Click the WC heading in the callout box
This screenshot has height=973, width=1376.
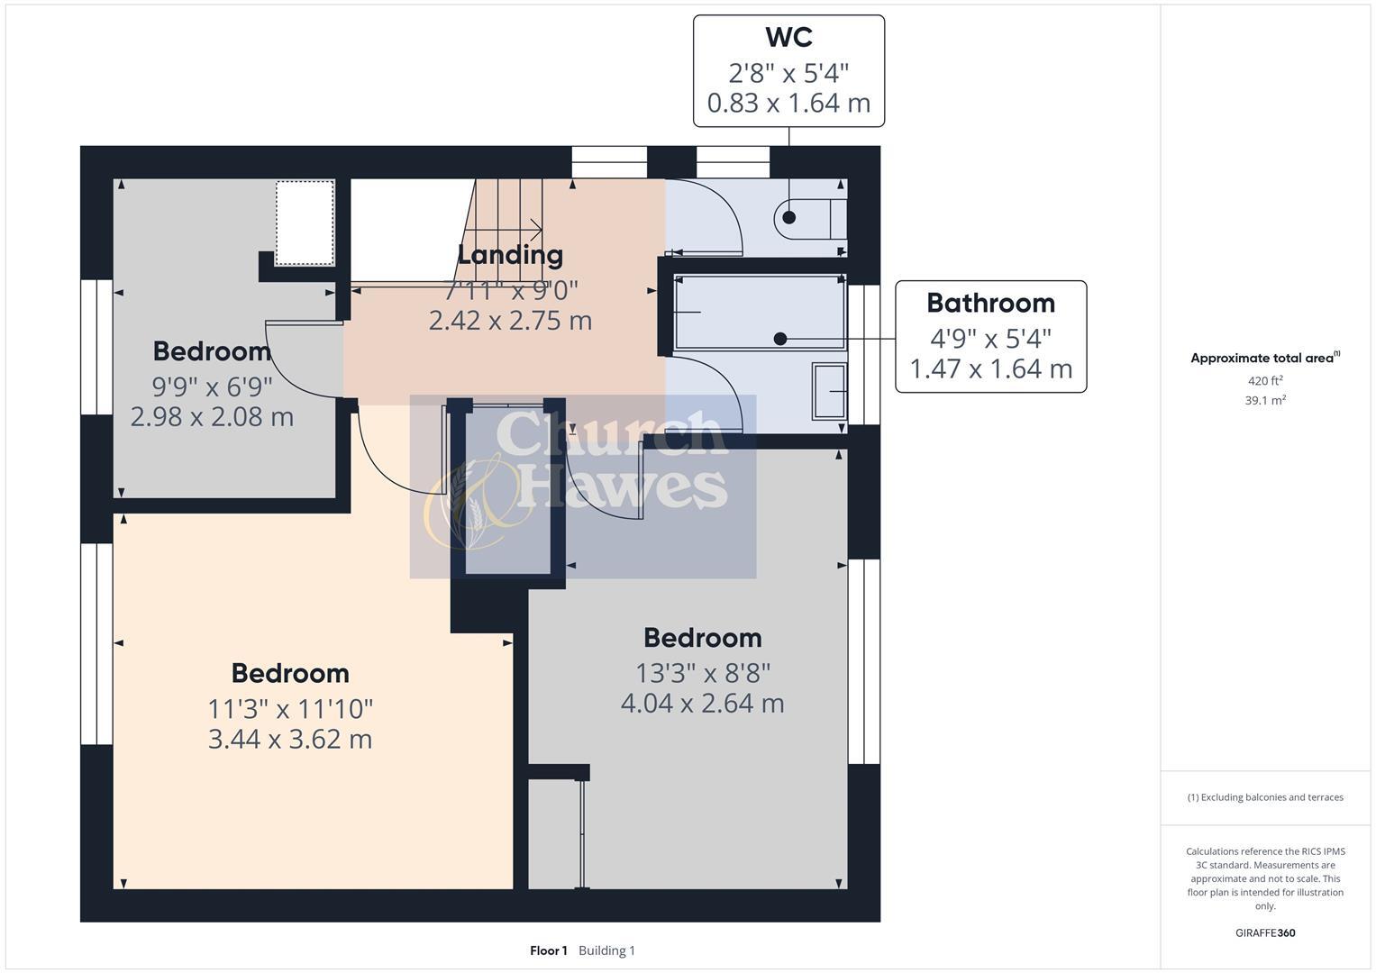point(788,38)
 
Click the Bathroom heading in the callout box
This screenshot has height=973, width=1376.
point(990,303)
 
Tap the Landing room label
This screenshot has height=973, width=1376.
point(510,255)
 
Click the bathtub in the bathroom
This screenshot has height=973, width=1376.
point(760,313)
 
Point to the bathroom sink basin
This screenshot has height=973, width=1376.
point(829,391)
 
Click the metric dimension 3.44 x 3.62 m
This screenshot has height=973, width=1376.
point(290,739)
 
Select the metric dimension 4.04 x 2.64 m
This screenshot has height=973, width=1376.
point(702,703)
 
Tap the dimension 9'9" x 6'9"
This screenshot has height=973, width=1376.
point(212,386)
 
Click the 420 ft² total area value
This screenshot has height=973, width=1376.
point(1265,381)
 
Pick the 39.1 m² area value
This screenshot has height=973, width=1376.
point(1265,401)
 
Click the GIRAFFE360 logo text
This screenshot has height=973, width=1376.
point(1265,932)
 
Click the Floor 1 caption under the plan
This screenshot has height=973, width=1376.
point(548,950)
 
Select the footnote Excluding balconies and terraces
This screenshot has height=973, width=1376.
point(1265,797)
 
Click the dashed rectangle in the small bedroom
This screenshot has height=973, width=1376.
point(305,223)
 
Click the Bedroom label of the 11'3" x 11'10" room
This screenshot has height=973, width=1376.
point(290,673)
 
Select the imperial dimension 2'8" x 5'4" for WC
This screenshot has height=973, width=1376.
point(788,72)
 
